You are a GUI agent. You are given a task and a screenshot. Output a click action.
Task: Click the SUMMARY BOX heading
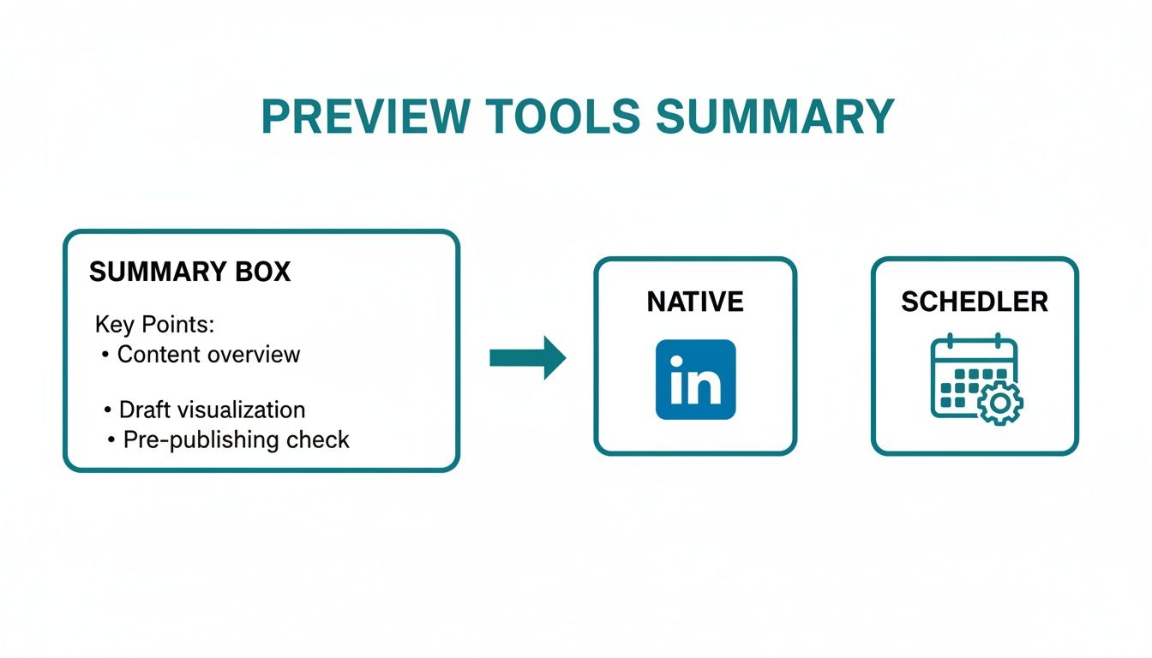[189, 272]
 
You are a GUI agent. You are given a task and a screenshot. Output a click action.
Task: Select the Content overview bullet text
[208, 355]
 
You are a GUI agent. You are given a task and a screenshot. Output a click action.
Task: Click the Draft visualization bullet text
[212, 410]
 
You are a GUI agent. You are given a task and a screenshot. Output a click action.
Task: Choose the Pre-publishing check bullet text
[236, 440]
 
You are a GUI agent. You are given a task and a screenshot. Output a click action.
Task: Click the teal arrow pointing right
[527, 358]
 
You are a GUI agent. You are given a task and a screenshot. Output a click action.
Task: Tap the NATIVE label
[695, 302]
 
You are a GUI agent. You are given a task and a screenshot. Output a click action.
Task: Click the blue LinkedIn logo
[695, 379]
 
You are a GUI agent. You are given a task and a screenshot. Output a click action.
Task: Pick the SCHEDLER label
[975, 302]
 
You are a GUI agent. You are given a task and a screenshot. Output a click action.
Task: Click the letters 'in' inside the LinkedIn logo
[695, 383]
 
